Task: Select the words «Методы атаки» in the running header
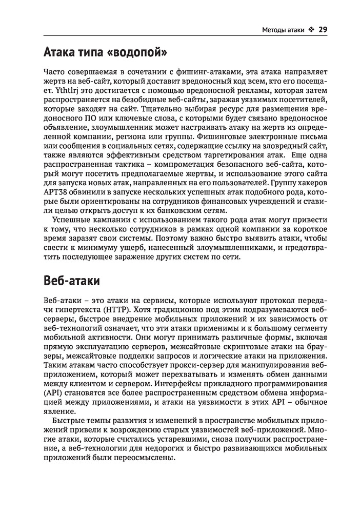(x=283, y=29)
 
